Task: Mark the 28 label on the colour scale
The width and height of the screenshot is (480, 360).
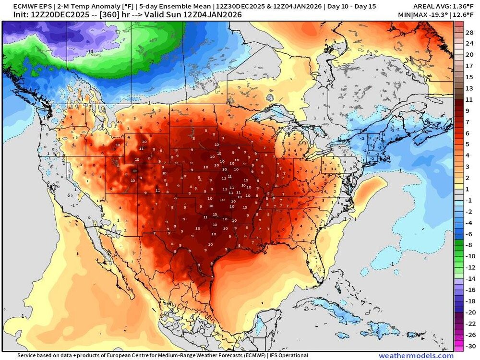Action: point(470,32)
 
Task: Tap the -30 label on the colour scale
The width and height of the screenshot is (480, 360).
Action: point(470,346)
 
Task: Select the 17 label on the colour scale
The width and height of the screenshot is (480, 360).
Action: point(470,65)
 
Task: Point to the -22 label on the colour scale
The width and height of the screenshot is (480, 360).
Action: point(470,323)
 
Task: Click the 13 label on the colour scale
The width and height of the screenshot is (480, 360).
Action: point(470,88)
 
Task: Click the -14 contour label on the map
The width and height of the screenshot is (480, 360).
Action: point(89,51)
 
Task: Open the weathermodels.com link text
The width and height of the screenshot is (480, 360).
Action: point(416,356)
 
